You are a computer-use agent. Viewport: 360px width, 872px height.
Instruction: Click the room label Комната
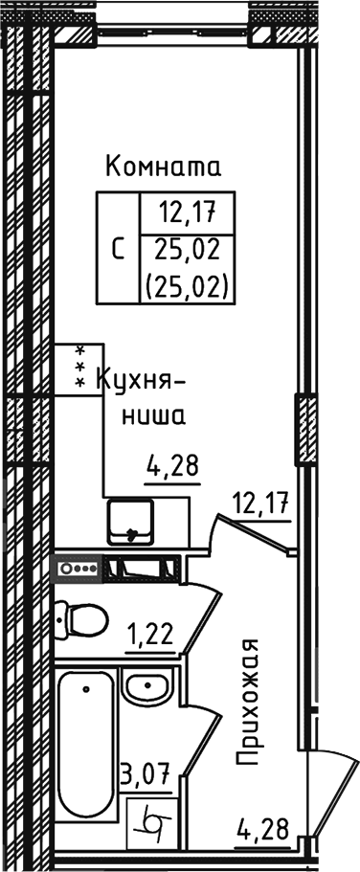164,168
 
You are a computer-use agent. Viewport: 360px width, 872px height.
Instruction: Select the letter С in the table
118,250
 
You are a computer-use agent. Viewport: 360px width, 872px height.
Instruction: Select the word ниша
153,416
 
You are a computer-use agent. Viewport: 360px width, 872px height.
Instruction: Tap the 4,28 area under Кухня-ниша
172,468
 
